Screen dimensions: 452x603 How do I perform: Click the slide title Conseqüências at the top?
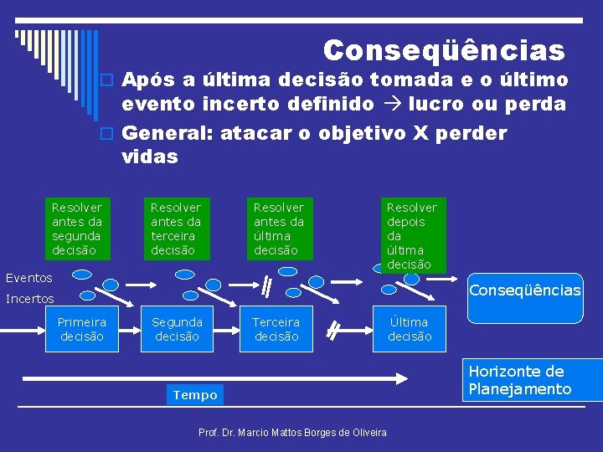[x=444, y=51]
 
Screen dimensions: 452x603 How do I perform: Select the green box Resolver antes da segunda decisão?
[x=77, y=229]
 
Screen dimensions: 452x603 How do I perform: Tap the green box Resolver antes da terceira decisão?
[x=176, y=229]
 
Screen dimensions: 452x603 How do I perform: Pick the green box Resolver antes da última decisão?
[x=279, y=229]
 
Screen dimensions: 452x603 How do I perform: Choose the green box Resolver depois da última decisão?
[x=411, y=235]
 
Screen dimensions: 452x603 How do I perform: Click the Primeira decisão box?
[x=82, y=329]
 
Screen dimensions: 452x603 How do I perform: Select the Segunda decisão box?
[x=178, y=329]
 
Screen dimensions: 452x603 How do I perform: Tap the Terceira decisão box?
[x=276, y=329]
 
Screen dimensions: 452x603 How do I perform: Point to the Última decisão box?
[x=410, y=329]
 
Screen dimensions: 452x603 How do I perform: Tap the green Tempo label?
[x=194, y=395]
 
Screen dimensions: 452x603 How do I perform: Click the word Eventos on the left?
[x=29, y=278]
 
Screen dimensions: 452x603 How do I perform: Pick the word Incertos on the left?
[x=30, y=299]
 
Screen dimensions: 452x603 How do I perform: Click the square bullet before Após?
[x=106, y=80]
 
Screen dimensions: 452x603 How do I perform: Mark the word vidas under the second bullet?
[x=150, y=157]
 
